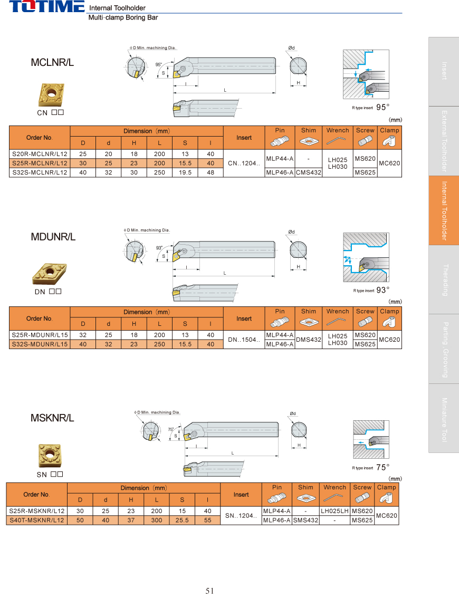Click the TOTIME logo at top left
pyautogui.click(x=47, y=7)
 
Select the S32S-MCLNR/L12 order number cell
pyautogui.click(x=40, y=172)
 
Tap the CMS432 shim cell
pyautogui.click(x=309, y=172)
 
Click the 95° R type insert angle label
pyautogui.click(x=383, y=108)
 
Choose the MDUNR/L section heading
pyautogui.click(x=53, y=237)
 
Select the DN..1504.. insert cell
pyautogui.click(x=244, y=340)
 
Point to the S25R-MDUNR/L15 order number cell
pyautogui.click(x=40, y=335)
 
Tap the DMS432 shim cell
pyautogui.click(x=309, y=340)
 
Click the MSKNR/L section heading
pyautogui.click(x=52, y=418)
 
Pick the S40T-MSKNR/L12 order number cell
pyautogui.click(x=37, y=520)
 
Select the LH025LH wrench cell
pyautogui.click(x=334, y=511)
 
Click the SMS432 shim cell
pyautogui.click(x=305, y=520)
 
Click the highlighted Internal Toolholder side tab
pyautogui.click(x=444, y=210)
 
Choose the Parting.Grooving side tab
pyautogui.click(x=444, y=349)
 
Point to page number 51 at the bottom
pyautogui.click(x=210, y=591)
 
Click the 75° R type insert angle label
pyautogui.click(x=383, y=467)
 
